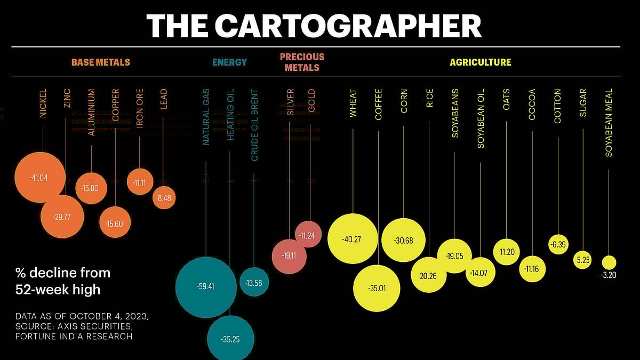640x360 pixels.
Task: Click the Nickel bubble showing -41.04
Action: coord(40,178)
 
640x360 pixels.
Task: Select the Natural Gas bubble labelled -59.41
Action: coord(206,287)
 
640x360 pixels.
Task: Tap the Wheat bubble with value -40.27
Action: coord(353,239)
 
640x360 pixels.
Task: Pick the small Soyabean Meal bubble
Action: coord(609,262)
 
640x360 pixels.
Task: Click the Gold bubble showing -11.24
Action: coord(308,234)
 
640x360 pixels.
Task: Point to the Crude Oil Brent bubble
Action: coord(254,282)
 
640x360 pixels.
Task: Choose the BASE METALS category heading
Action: coord(101,62)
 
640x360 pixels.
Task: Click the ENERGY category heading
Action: coord(229,62)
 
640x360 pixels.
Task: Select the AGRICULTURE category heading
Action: coord(480,62)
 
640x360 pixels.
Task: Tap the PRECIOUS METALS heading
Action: coord(302,62)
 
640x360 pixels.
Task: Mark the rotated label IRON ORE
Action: coord(140,108)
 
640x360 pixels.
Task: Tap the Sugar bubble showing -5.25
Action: coord(582,260)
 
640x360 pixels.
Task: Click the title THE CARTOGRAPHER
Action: coord(314,25)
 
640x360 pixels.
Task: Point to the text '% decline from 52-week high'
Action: coord(63,281)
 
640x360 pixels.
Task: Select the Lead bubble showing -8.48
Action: coord(164,198)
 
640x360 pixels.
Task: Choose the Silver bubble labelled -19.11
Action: coord(289,256)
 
